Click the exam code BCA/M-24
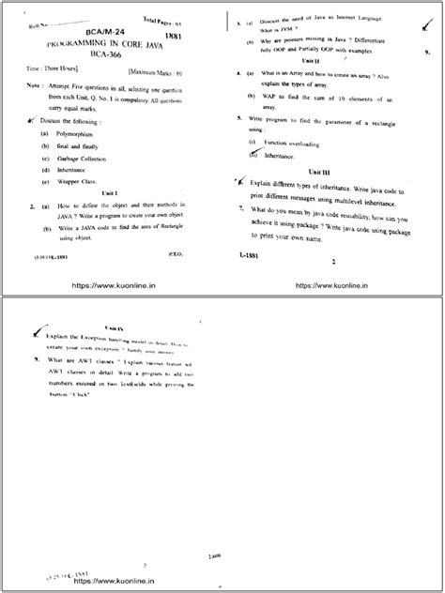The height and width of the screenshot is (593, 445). tap(103, 31)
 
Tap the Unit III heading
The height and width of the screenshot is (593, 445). tap(326, 173)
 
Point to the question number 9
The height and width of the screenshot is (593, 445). tap(35, 360)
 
